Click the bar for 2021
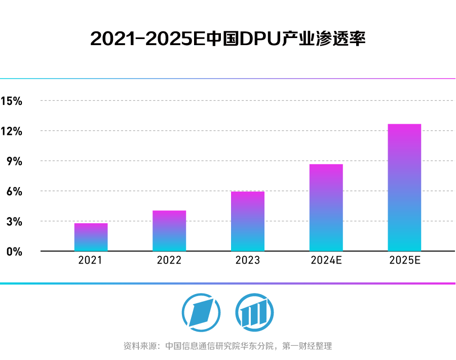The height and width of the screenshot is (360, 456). click(91, 237)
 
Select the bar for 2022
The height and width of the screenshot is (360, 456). click(169, 231)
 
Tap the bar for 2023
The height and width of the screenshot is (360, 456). click(248, 222)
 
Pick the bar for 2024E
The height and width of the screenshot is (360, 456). click(326, 208)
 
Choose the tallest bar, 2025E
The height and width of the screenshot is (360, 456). click(404, 188)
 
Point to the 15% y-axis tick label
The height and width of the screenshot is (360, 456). click(12, 101)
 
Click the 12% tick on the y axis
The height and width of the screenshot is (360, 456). click(12, 131)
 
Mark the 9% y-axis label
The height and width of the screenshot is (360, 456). click(15, 161)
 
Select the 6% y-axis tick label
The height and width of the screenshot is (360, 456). click(15, 191)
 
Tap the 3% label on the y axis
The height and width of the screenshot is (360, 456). click(15, 222)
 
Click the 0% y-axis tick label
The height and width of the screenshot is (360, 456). click(15, 251)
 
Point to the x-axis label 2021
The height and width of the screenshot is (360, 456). click(91, 261)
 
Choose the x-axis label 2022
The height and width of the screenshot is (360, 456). click(169, 261)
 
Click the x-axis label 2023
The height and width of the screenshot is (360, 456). click(248, 261)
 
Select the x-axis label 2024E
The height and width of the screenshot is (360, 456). click(326, 261)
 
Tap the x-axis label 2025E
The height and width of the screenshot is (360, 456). click(405, 261)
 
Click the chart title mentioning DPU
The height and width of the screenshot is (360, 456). click(227, 39)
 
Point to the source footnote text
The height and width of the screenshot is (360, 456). click(227, 346)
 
